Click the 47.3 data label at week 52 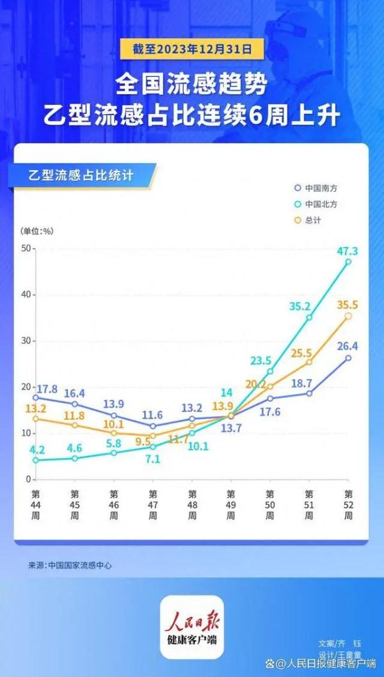click(x=348, y=251)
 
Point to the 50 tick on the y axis click(x=26, y=248)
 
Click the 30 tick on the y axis click(x=26, y=340)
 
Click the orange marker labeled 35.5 click(x=348, y=315)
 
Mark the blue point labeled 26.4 click(x=348, y=358)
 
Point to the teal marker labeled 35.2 click(x=309, y=317)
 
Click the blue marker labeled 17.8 click(x=35, y=397)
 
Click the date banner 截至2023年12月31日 click(x=191, y=47)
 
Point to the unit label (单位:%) click(x=38, y=231)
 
